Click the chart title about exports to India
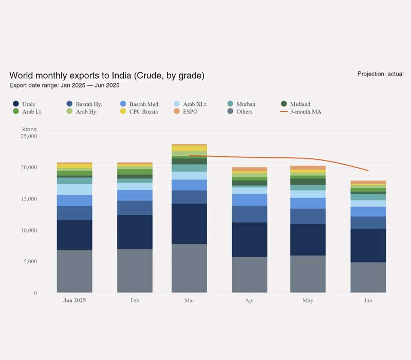107,76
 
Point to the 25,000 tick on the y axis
28,136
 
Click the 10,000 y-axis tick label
28,230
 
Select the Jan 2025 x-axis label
74,300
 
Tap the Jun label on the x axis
368,300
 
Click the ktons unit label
30,128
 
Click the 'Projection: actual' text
380,74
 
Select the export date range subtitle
64,85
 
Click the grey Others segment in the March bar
189,268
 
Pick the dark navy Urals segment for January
74,235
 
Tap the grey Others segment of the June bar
368,277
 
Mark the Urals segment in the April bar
249,240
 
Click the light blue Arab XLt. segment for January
74,189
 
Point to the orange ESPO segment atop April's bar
249,169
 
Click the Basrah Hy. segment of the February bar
135,208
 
